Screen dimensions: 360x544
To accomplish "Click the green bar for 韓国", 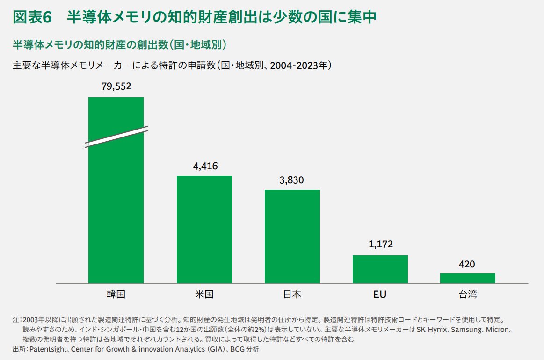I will tap(116, 210).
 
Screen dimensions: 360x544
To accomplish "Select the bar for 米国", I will tap(204, 229).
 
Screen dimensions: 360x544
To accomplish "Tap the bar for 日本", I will tap(292, 236).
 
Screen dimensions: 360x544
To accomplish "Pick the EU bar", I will tap(380, 269).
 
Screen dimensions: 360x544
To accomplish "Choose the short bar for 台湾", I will tap(467, 278).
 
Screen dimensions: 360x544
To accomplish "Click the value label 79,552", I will tap(116, 86).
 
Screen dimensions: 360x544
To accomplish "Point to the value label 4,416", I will tap(205, 166).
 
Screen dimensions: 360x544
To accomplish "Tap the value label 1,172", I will tap(380, 244).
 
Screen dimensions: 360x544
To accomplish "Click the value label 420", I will tap(467, 264).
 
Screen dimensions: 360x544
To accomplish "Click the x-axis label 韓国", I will tap(116, 295).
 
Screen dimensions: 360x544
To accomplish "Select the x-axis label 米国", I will tap(204, 295).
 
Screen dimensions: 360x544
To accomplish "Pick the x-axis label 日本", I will tap(292, 295).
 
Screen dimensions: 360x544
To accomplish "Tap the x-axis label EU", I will tap(380, 295).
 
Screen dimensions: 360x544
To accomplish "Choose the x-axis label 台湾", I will tap(467, 295).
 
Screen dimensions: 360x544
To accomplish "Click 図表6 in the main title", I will tap(32, 17).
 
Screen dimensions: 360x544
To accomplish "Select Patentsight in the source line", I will tap(49, 349).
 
